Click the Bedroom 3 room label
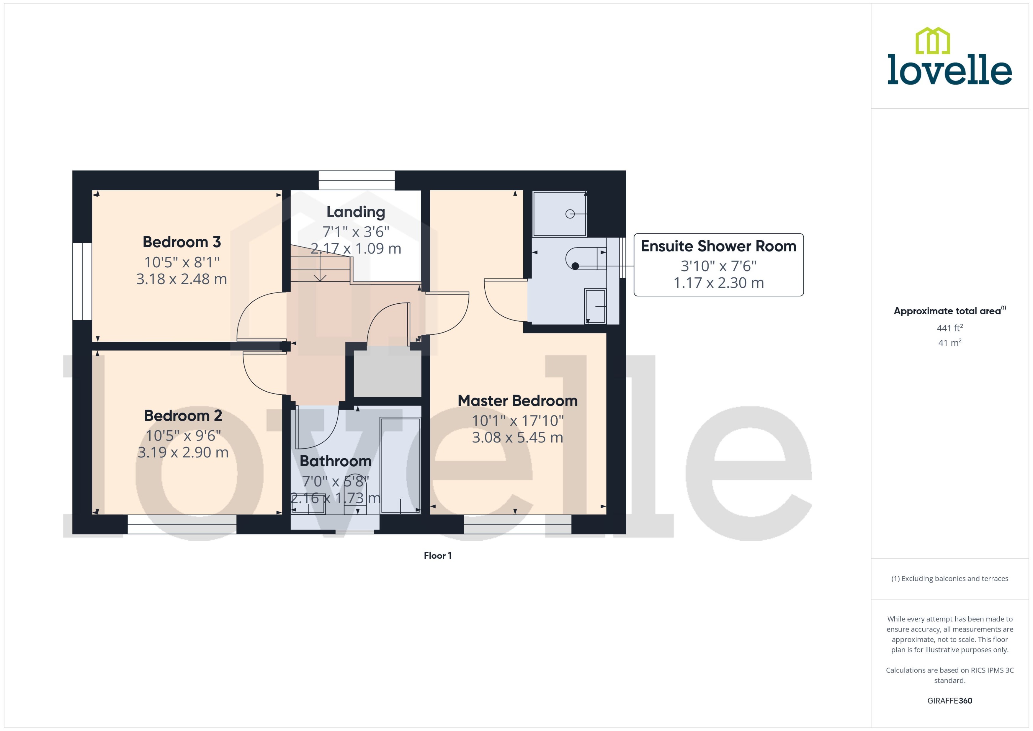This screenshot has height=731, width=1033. (182, 242)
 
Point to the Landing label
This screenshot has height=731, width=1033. (356, 212)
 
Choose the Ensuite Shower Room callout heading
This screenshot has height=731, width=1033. (718, 246)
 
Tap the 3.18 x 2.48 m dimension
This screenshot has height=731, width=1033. (182, 279)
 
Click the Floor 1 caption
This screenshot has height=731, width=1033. (437, 555)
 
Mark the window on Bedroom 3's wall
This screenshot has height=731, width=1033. (82, 281)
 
